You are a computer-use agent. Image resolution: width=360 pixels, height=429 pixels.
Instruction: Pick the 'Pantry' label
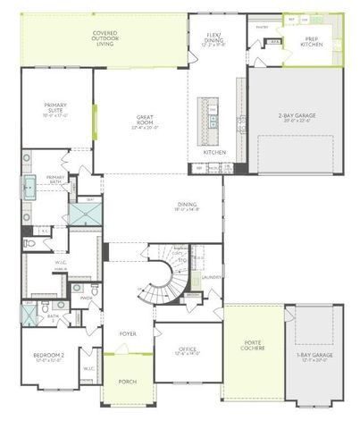(261, 27)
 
